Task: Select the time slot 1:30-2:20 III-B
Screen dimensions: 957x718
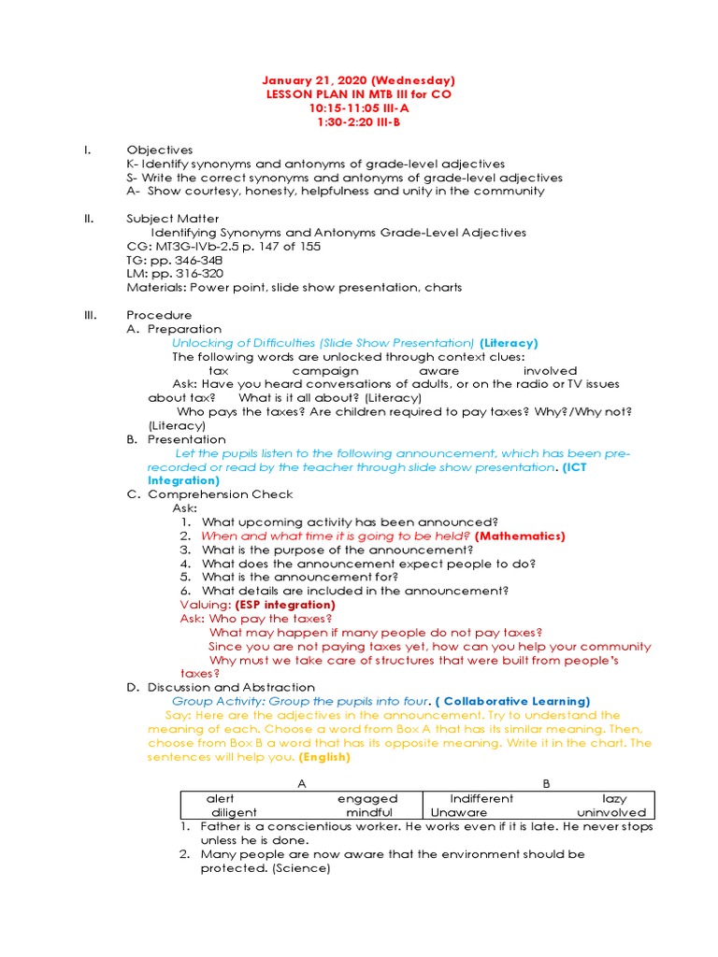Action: (358, 122)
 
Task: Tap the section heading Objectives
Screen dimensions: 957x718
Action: (160, 150)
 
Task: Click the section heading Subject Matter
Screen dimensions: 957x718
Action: (173, 219)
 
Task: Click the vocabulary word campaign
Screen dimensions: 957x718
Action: (325, 370)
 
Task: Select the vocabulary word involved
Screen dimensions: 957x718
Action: (550, 370)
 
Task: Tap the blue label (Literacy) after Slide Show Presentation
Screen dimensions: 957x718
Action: (509, 343)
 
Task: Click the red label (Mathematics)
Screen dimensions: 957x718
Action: (520, 536)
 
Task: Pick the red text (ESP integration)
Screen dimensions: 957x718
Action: (278, 605)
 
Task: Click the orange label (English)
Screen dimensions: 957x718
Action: (324, 756)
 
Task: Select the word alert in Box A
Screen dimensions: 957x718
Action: (221, 798)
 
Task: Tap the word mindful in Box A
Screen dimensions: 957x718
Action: (369, 812)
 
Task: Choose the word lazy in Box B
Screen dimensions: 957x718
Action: (614, 798)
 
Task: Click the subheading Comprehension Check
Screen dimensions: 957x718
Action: (220, 494)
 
